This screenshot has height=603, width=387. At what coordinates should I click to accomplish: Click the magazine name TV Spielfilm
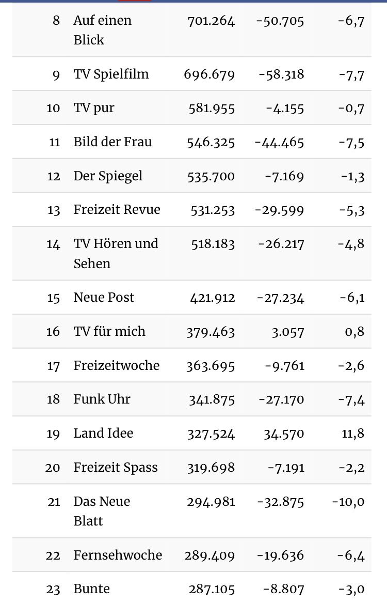(x=111, y=74)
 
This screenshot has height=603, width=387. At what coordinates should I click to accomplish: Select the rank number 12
(x=54, y=176)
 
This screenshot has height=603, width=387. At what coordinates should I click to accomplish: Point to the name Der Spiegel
(x=108, y=176)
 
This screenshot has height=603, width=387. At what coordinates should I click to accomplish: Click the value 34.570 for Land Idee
(x=284, y=434)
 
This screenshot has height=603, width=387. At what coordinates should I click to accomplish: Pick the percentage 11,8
(x=353, y=434)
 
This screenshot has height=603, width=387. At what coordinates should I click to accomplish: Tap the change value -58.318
(x=282, y=74)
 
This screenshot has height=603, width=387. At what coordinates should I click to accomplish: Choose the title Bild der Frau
(x=112, y=142)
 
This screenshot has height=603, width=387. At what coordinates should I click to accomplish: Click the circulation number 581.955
(x=211, y=109)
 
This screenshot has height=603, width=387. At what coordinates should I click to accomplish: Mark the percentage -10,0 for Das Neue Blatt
(x=348, y=502)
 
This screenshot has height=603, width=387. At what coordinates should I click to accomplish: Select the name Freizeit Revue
(x=117, y=210)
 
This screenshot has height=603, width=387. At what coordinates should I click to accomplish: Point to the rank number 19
(x=54, y=434)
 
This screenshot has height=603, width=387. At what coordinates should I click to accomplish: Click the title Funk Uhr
(x=102, y=399)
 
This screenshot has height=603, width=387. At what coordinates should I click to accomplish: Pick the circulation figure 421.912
(x=211, y=298)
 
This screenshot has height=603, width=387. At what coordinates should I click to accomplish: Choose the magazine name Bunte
(x=91, y=589)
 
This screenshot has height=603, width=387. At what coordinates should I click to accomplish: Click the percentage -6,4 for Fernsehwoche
(x=351, y=555)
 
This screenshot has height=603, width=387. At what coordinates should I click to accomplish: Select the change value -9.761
(x=284, y=366)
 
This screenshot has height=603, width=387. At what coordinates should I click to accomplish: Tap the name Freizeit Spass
(x=116, y=468)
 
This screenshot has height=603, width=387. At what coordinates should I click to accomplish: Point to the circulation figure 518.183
(x=211, y=244)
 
